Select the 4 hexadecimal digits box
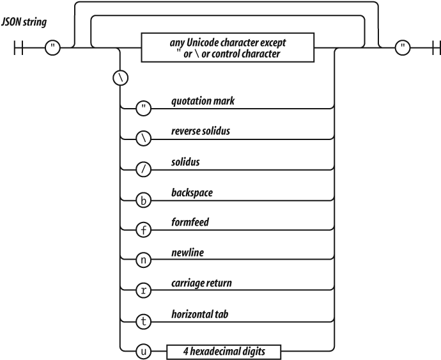pyautogui.click(x=224, y=350)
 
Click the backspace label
pyautogui.click(x=193, y=191)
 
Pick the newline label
pyautogui.click(x=188, y=252)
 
